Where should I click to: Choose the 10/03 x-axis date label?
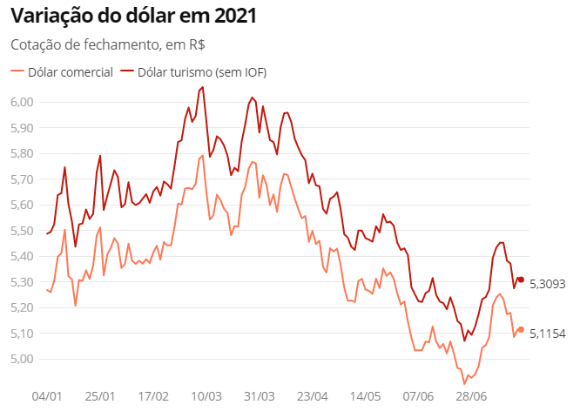[206, 395]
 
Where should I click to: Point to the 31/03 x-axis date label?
[260, 395]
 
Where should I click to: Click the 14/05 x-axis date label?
[365, 395]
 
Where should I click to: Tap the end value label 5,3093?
[548, 284]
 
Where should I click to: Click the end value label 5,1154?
[548, 334]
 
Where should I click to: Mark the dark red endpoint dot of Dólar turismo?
[521, 280]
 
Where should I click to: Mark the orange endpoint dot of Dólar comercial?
[521, 329]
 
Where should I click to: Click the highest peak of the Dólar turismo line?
[203, 87]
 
